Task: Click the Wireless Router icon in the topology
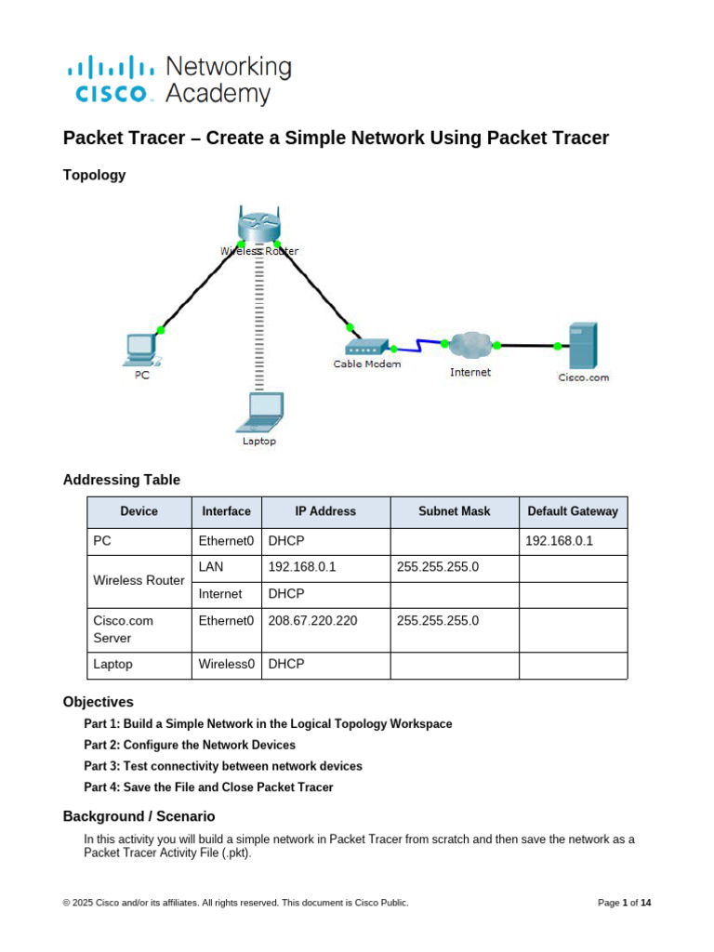258,226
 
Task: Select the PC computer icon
141,350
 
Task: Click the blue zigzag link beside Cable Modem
419,347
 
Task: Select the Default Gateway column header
573,511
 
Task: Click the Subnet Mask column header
455,511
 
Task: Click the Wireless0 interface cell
226,665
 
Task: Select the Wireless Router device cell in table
139,580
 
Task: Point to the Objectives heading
98,702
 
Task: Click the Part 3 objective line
223,766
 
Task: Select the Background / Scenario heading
139,816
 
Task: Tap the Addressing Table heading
121,480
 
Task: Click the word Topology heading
94,175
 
